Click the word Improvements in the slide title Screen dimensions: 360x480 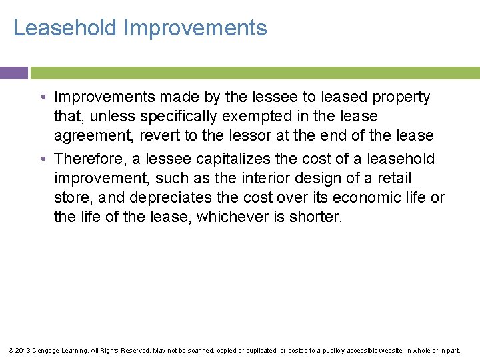click(195, 28)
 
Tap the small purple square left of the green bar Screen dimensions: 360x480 click(13, 73)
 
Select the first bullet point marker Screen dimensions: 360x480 click(42, 97)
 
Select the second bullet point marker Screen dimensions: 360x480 click(42, 159)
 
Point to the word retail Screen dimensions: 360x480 click(393, 179)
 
